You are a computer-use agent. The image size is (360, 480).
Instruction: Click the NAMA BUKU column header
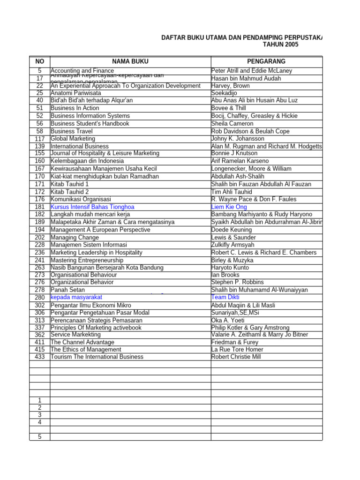point(130,61)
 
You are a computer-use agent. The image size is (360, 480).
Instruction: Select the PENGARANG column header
point(266,61)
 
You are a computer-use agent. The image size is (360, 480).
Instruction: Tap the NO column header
point(39,61)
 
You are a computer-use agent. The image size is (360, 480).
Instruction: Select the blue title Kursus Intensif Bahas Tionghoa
point(92,207)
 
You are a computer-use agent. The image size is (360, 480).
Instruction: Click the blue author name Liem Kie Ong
point(229,207)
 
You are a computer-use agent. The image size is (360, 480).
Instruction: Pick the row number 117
point(39,139)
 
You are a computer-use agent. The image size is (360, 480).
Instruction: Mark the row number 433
point(39,357)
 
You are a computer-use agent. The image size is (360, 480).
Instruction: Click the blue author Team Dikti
point(225,297)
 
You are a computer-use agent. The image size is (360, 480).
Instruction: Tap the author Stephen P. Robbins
point(237,282)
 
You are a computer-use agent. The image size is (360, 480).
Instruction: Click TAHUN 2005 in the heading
point(280,45)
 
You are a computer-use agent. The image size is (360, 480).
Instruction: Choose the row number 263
point(39,268)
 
